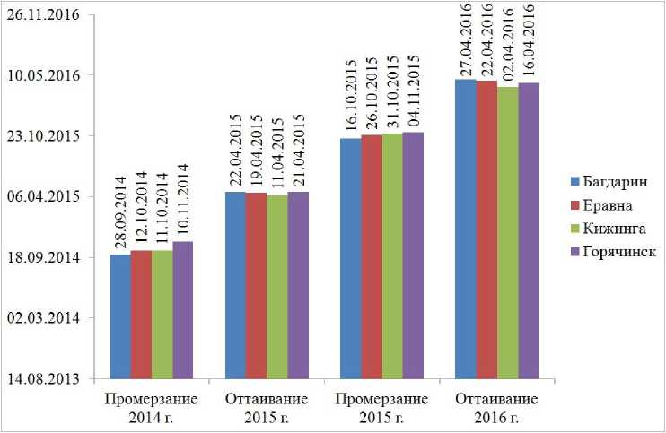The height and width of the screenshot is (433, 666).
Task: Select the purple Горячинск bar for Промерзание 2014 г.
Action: (182, 310)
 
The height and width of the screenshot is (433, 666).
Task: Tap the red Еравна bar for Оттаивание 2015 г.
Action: (255, 285)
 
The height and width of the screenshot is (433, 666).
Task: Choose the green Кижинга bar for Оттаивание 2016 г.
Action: (508, 232)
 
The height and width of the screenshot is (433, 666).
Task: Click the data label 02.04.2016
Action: (508, 47)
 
